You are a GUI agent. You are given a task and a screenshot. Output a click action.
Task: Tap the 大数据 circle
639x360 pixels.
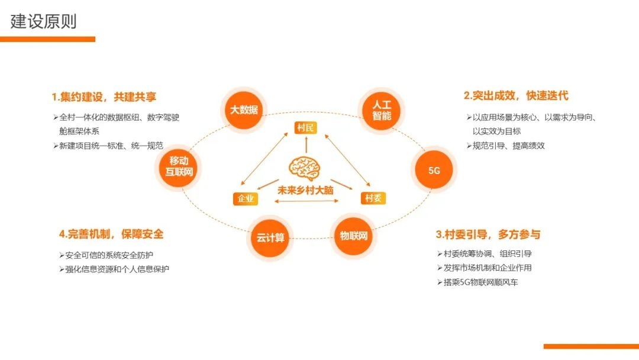click(x=244, y=109)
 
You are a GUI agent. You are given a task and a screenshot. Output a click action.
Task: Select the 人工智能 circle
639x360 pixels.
click(x=382, y=110)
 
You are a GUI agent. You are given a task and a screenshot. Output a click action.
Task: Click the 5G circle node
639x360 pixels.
click(x=434, y=171)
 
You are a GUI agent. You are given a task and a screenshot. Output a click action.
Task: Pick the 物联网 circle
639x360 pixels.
click(x=354, y=236)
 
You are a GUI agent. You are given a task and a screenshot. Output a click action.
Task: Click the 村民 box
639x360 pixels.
click(x=306, y=127)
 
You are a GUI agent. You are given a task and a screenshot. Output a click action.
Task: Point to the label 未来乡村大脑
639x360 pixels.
click(x=306, y=191)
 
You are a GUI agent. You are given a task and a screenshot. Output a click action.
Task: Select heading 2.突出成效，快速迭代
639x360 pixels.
click(x=516, y=95)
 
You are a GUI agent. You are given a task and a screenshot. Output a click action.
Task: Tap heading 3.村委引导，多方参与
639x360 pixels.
click(x=488, y=234)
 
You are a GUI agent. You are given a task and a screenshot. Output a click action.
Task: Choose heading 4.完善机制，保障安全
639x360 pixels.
click(x=111, y=234)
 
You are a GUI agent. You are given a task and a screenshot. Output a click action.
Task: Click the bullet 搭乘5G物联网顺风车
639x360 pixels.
click(x=480, y=282)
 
